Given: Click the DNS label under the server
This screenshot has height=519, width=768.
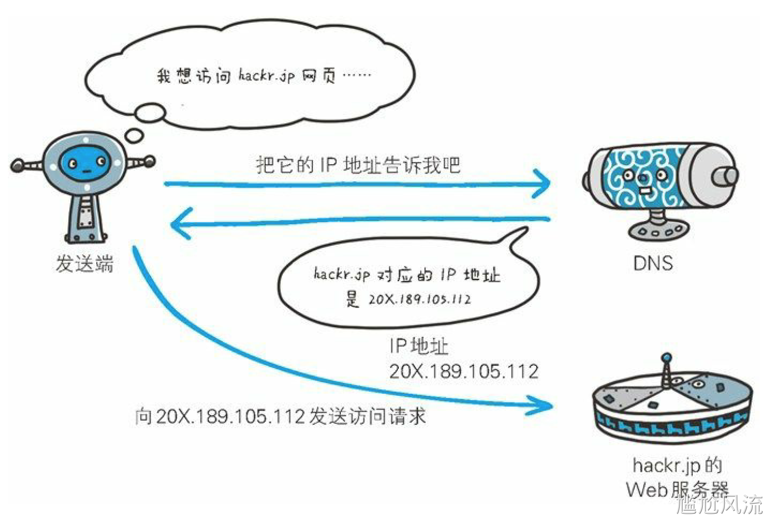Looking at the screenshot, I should [652, 263].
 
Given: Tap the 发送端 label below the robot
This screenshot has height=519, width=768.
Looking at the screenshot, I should [85, 263].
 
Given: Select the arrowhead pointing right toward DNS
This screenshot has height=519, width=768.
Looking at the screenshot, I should [542, 184].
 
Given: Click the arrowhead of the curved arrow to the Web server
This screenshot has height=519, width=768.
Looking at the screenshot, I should [544, 405].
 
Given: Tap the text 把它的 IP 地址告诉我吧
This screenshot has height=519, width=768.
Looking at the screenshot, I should [358, 165].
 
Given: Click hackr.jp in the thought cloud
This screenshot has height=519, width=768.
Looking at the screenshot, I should [266, 76].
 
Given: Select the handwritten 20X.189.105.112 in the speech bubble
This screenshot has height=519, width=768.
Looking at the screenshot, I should [419, 300].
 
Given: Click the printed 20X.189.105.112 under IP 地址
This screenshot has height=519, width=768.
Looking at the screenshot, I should [463, 372].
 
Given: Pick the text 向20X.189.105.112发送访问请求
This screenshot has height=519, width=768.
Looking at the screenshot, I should [280, 416].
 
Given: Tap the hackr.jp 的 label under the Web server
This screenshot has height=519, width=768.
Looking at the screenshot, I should [676, 465].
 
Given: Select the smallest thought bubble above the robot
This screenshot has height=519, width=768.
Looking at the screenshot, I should [135, 135].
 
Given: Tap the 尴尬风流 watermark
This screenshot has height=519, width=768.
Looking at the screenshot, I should [719, 504].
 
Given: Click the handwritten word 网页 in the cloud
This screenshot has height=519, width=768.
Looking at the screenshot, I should [319, 76].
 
